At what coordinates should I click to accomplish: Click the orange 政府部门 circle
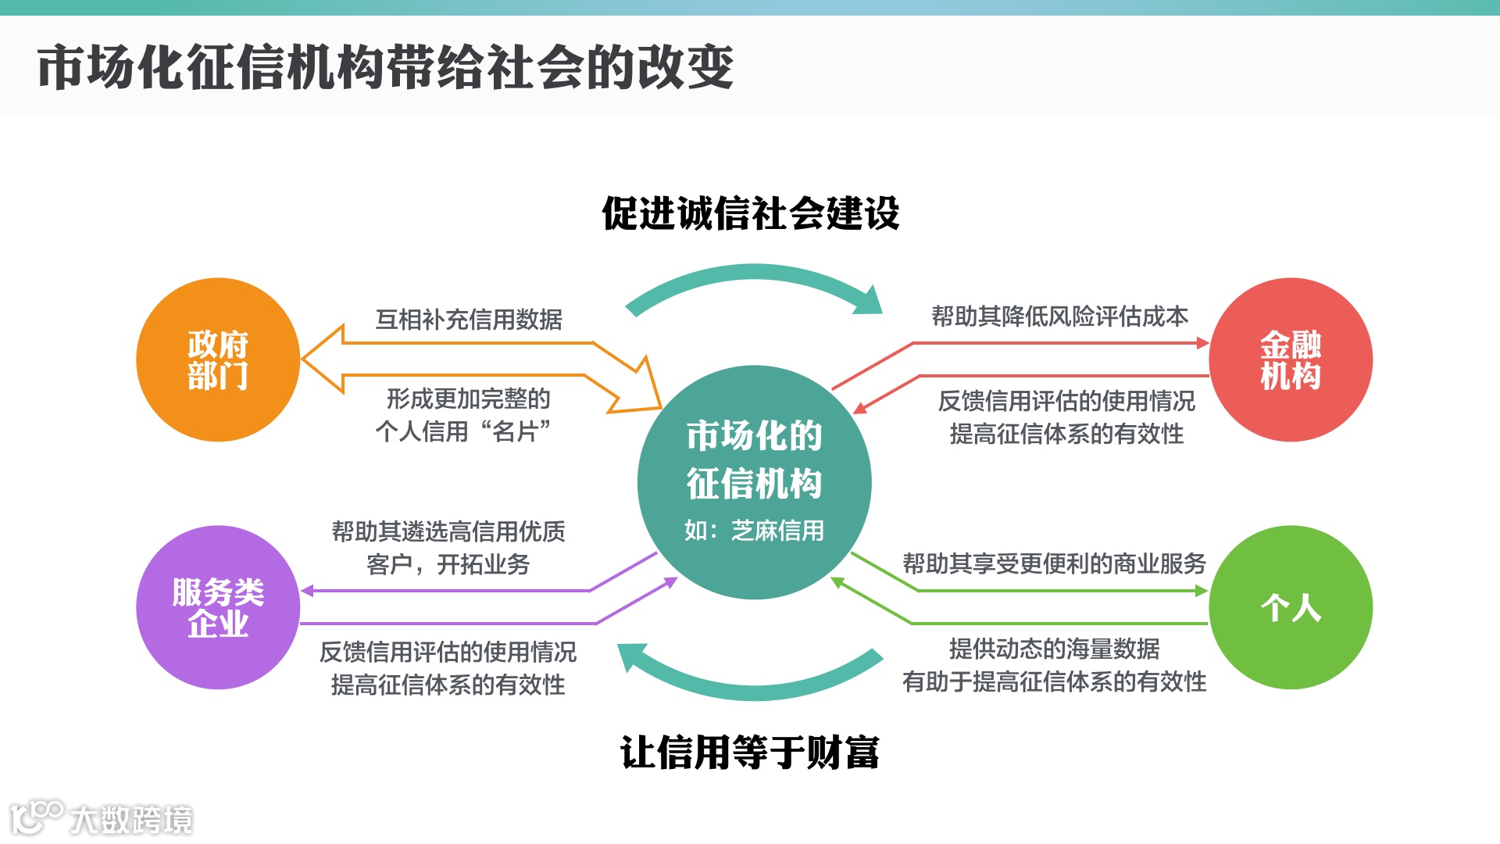(x=218, y=359)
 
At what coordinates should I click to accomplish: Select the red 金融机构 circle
(x=1290, y=359)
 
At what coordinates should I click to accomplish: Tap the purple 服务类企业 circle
(x=218, y=607)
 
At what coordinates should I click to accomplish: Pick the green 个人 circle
(x=1290, y=607)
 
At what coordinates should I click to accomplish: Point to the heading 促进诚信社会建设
(x=750, y=213)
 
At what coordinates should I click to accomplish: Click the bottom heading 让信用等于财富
(x=750, y=753)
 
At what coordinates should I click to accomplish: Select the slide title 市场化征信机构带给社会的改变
(x=385, y=67)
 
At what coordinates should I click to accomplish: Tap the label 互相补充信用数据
(x=469, y=320)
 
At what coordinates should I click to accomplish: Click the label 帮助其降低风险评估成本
(x=1059, y=316)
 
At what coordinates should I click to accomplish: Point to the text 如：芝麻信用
(x=754, y=531)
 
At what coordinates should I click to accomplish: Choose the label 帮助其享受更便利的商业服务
(x=1054, y=563)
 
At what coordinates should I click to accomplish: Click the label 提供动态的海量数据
(x=1054, y=649)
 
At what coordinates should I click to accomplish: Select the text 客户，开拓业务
(x=448, y=564)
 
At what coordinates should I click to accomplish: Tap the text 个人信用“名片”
(x=462, y=431)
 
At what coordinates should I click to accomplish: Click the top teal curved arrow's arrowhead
(x=870, y=301)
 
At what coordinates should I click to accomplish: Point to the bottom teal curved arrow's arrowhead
(x=633, y=656)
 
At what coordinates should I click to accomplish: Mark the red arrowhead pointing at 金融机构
(x=1202, y=343)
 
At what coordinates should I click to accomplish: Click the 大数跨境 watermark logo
(x=102, y=818)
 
